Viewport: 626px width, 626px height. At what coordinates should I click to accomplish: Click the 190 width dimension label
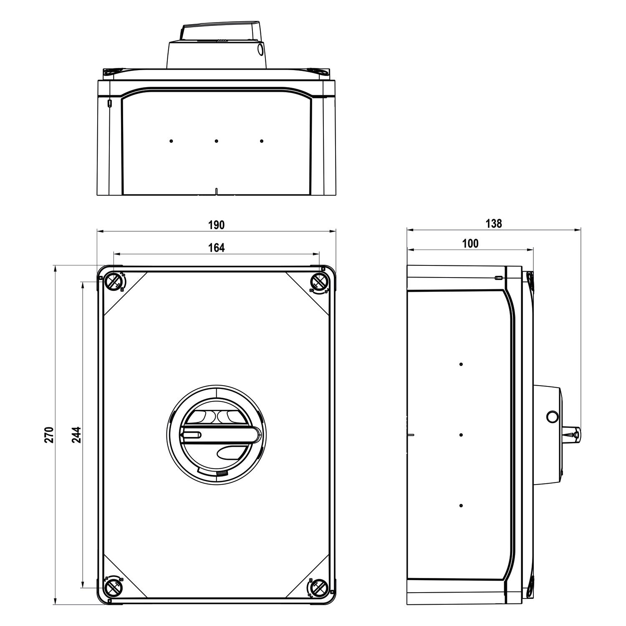point(216,225)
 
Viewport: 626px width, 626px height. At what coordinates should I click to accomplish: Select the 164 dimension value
point(216,248)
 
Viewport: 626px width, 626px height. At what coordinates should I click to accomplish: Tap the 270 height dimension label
point(49,434)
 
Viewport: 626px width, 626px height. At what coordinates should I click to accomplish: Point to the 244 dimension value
point(76,434)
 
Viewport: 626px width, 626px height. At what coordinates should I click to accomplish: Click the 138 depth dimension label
point(494,224)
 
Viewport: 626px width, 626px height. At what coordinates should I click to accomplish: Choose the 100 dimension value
point(471,244)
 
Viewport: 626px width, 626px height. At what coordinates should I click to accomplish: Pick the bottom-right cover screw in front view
point(319,588)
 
